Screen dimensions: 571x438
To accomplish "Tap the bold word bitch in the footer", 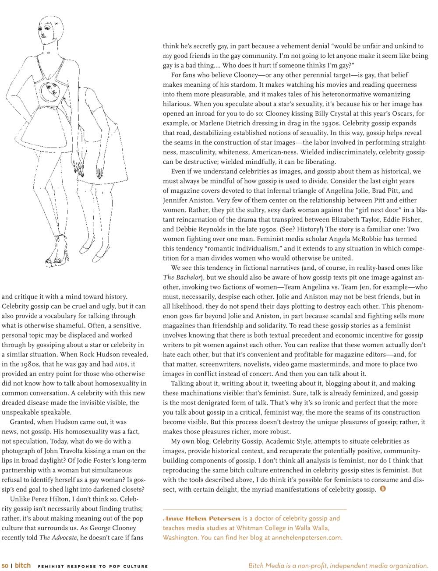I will (x=23, y=565).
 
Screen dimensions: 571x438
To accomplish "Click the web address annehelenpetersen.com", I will (x=307, y=538).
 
